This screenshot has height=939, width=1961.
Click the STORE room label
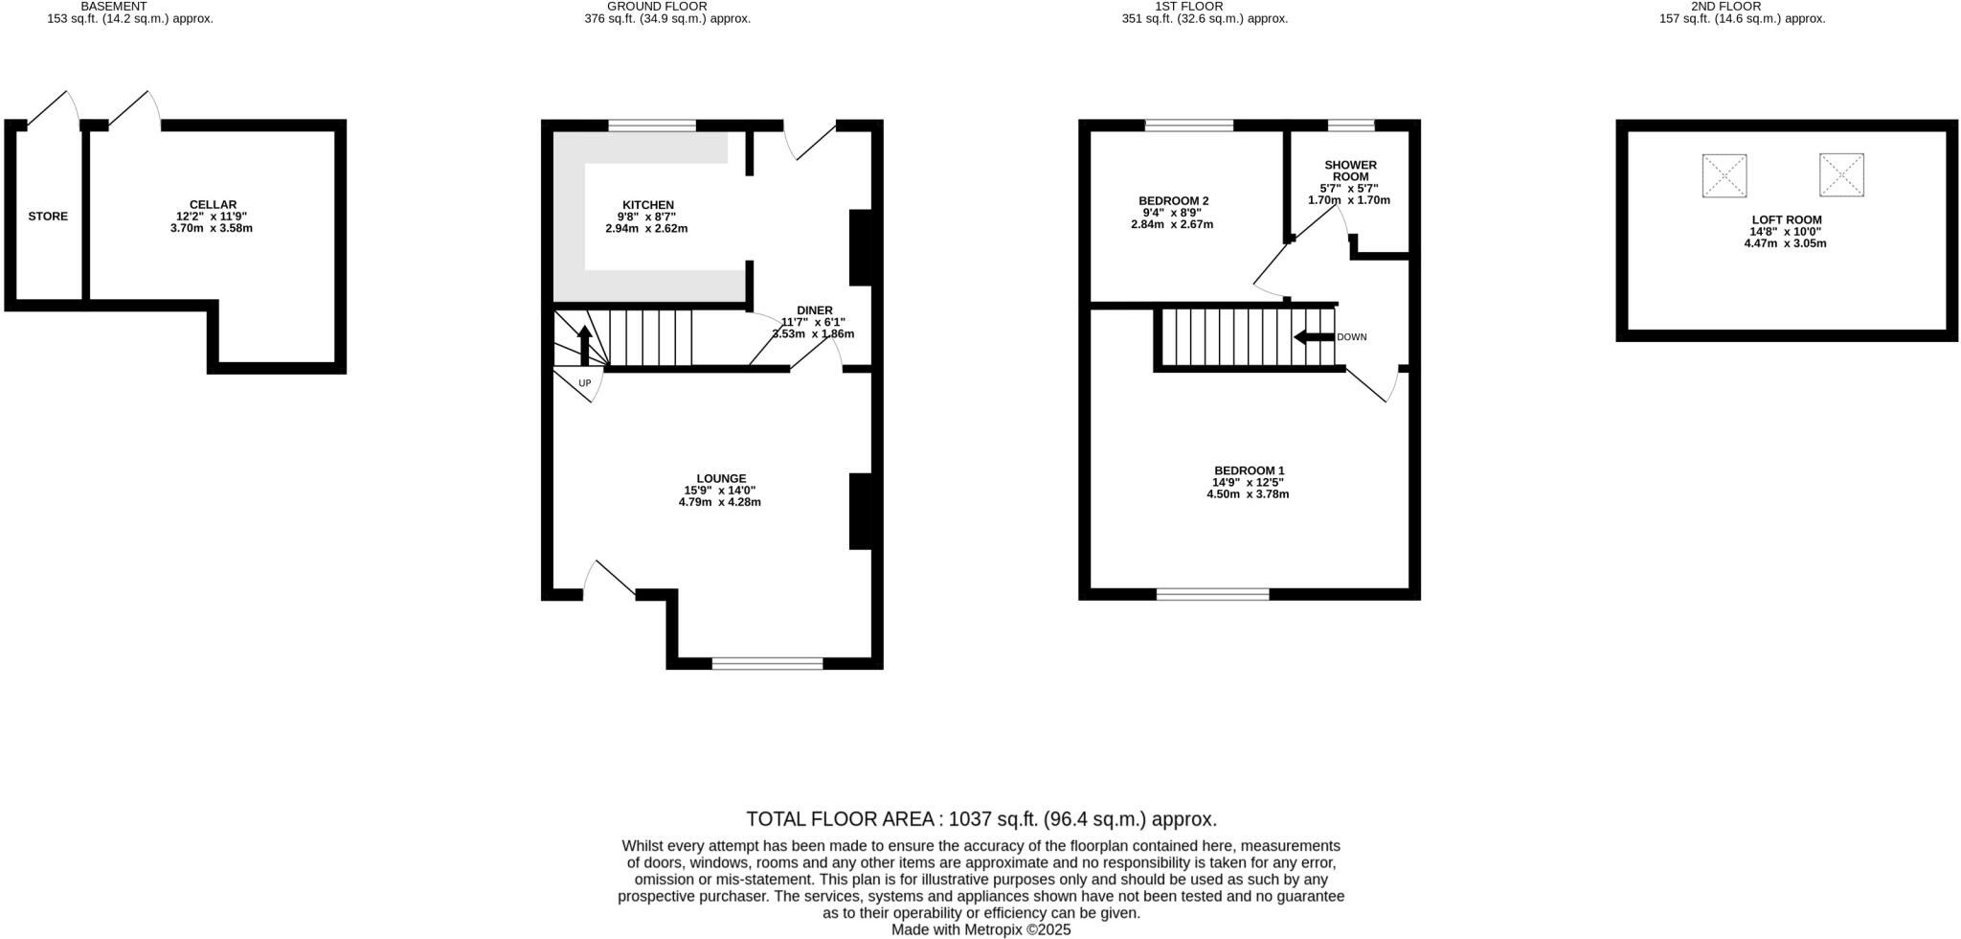click(48, 217)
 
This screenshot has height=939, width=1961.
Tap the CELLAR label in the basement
click(213, 205)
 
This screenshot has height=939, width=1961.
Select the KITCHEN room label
click(648, 205)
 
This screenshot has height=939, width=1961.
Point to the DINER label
click(814, 310)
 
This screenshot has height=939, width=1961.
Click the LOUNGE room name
click(721, 479)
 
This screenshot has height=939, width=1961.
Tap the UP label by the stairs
click(584, 383)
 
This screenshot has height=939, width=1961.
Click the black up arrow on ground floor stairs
click(584, 345)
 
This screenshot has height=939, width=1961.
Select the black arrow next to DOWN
click(1313, 337)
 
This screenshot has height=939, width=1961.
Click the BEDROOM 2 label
click(1173, 201)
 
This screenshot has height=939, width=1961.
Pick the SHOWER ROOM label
click(1350, 171)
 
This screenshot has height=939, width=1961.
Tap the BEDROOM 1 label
click(1249, 470)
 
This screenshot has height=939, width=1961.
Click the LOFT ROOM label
click(1786, 219)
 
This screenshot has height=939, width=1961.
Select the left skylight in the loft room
click(1724, 175)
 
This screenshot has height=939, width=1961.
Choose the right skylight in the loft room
click(1841, 174)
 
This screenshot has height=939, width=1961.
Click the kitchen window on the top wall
click(652, 126)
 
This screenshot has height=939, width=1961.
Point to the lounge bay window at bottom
click(767, 663)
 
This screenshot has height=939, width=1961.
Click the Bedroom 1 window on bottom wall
click(1212, 594)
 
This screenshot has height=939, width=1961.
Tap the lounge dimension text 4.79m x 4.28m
click(719, 502)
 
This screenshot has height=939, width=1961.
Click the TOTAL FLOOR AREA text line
click(980, 819)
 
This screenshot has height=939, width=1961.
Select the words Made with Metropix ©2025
click(980, 929)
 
